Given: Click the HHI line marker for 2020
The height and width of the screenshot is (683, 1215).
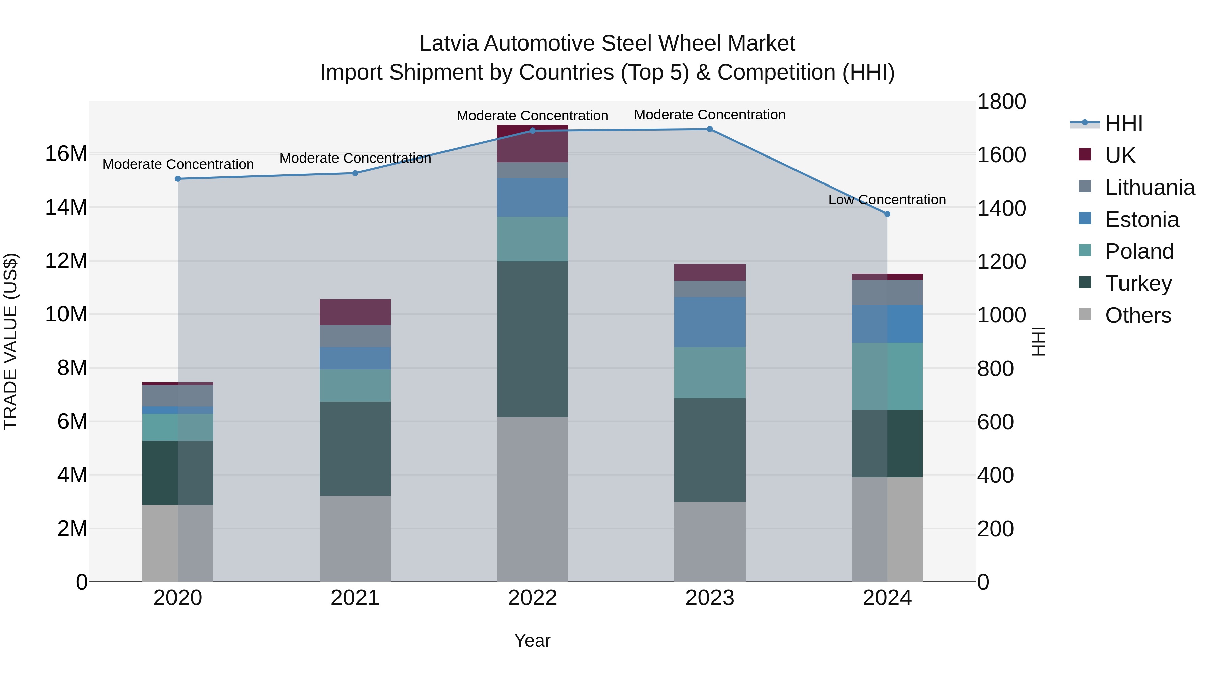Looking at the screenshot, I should click(x=178, y=179).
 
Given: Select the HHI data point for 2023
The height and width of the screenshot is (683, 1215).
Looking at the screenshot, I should click(x=709, y=129).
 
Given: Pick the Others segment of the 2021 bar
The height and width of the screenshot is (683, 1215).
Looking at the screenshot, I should click(x=355, y=538).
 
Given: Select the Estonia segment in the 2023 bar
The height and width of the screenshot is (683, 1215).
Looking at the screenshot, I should click(x=709, y=322).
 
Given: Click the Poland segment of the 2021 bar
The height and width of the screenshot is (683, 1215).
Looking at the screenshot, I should click(x=355, y=385).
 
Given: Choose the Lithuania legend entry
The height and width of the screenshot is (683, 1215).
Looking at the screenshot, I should click(x=1150, y=188).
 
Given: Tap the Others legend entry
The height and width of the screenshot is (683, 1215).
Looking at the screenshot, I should click(x=1138, y=315).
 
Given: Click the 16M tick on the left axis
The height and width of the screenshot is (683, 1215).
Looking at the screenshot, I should click(x=66, y=154).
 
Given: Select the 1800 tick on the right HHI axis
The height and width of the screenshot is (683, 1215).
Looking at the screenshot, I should click(x=1001, y=102).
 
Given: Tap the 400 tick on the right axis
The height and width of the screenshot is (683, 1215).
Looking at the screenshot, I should click(x=995, y=475).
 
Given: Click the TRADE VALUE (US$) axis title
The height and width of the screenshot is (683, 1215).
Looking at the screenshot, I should click(x=10, y=341).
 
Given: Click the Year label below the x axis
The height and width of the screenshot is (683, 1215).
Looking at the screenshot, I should click(x=532, y=641).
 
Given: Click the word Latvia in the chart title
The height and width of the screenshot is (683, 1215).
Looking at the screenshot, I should click(x=449, y=44).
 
